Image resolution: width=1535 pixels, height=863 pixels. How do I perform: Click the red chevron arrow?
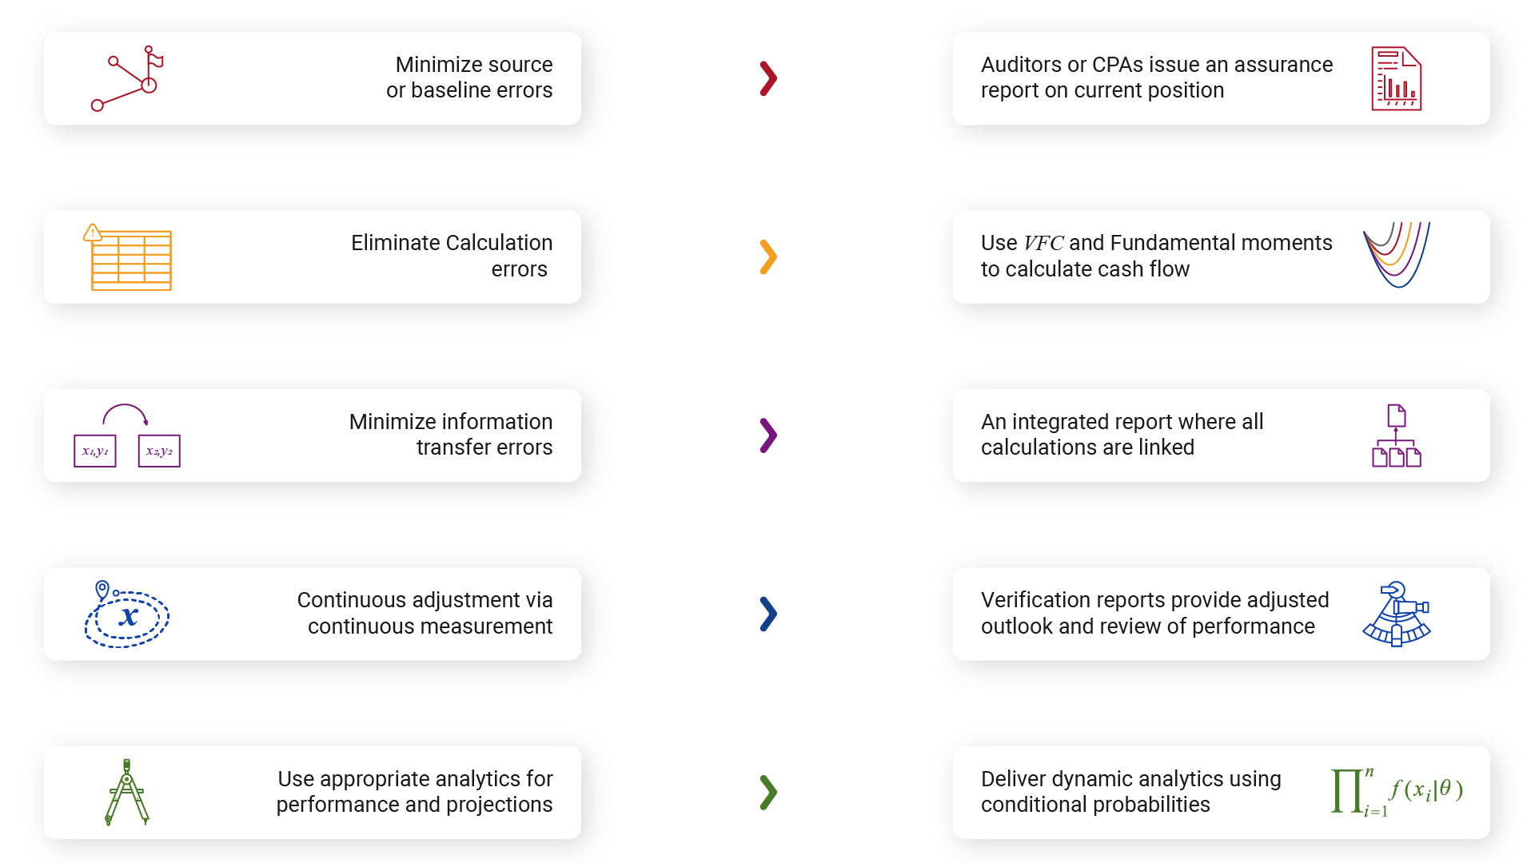pos(768,78)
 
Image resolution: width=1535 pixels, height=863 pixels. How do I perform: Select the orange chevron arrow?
pos(768,257)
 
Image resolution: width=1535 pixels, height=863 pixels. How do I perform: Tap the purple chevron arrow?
pos(768,435)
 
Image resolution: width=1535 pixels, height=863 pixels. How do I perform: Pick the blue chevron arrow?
pos(768,614)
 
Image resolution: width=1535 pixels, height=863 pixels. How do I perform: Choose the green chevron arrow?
pos(768,793)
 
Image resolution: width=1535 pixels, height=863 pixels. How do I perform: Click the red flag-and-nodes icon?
pos(127,78)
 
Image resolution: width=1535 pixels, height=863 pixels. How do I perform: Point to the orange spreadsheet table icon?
pos(128,257)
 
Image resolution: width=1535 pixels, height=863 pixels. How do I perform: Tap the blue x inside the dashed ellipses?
pos(128,617)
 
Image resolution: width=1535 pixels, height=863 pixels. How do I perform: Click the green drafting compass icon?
pos(127,792)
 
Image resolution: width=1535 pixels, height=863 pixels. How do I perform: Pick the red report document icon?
pos(1396,78)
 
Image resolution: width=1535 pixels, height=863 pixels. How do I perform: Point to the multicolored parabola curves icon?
pos(1397,255)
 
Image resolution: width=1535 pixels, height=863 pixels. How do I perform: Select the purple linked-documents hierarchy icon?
pos(1397,435)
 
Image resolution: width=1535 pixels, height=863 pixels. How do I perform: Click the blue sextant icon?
pos(1397,614)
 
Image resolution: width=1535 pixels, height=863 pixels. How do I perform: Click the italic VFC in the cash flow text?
pos(1043,243)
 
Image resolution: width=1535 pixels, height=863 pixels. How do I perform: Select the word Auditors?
pos(1021,65)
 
